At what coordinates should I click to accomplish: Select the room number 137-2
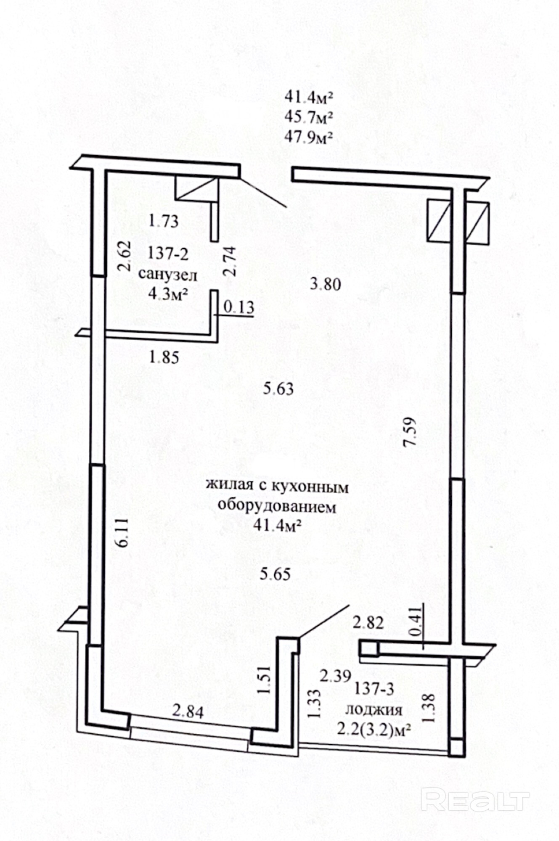(168, 254)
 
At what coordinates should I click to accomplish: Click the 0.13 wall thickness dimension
(238, 307)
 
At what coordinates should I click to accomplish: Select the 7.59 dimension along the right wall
(409, 431)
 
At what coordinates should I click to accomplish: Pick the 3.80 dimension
(325, 285)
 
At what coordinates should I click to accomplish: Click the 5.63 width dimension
(278, 389)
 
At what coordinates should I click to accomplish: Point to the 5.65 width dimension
(275, 574)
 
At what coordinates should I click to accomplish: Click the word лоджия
(374, 710)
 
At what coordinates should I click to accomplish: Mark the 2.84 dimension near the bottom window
(188, 712)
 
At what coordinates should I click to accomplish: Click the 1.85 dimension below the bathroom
(164, 357)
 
